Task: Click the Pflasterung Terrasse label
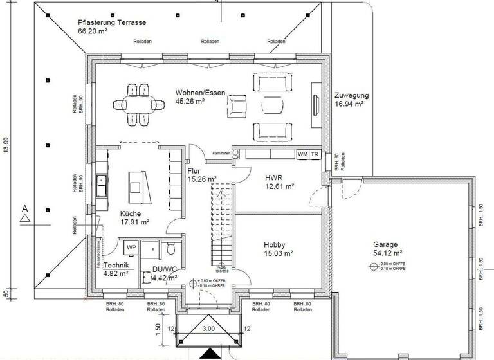click(x=112, y=22)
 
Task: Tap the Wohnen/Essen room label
click(x=200, y=93)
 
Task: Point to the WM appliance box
click(x=302, y=154)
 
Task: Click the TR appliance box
click(x=315, y=154)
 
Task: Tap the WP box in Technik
click(x=131, y=247)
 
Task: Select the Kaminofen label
click(x=222, y=153)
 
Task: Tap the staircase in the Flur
click(x=222, y=225)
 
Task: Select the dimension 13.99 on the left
click(x=6, y=145)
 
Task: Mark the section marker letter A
click(x=24, y=208)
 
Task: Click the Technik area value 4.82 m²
click(x=116, y=273)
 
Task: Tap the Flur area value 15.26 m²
click(x=202, y=180)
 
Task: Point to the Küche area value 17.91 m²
click(x=134, y=222)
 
